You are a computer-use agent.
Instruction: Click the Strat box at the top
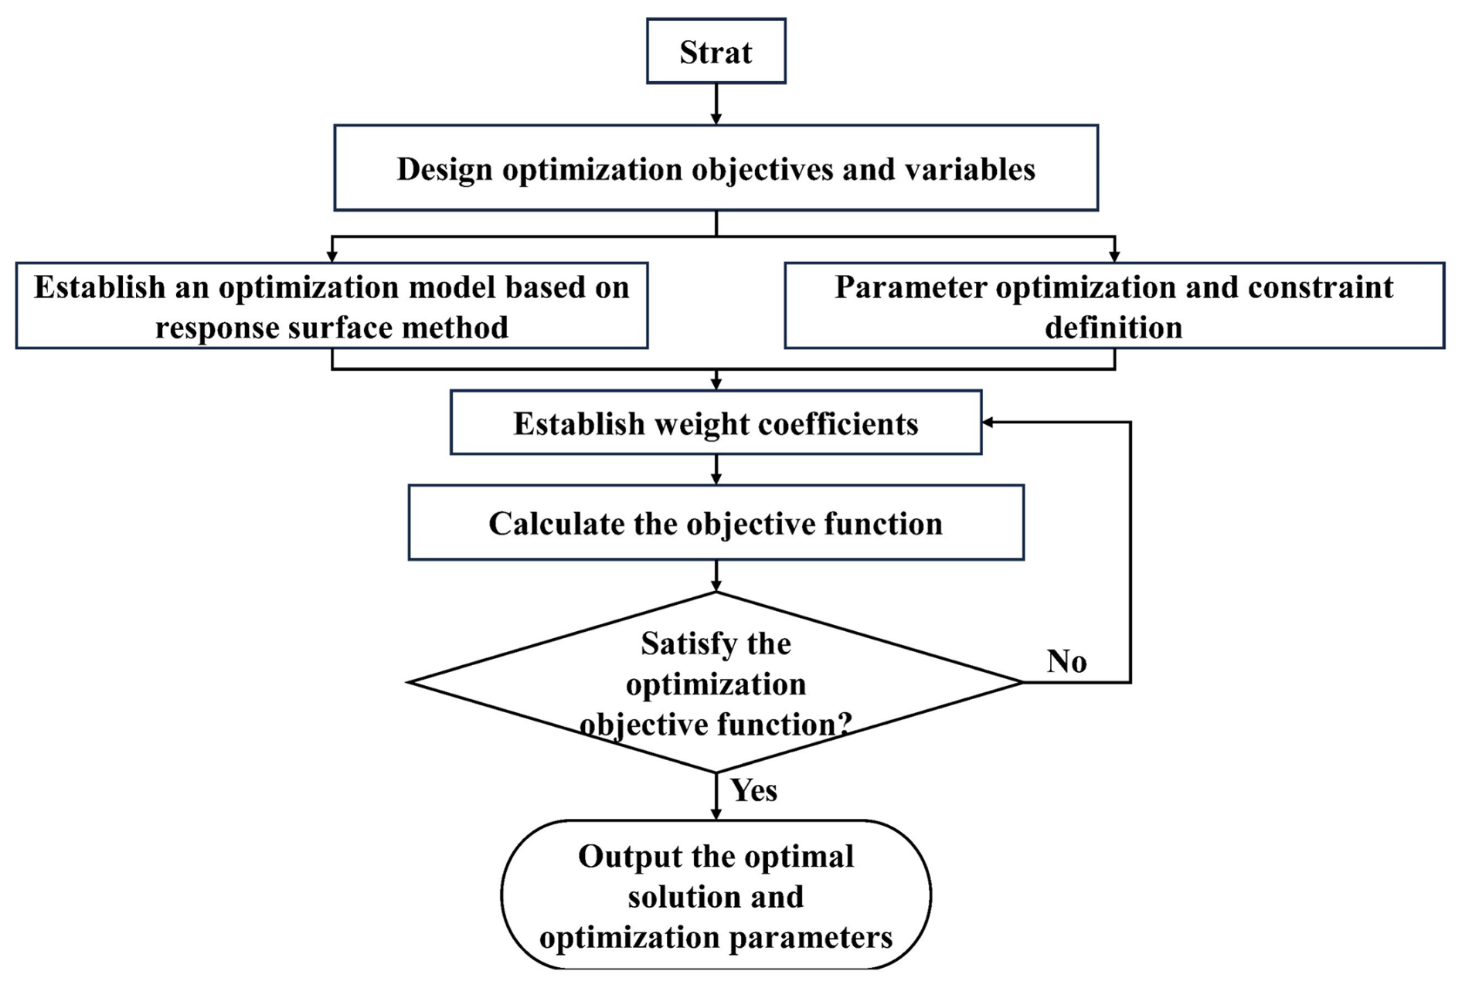(716, 52)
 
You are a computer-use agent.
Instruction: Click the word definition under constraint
(1113, 328)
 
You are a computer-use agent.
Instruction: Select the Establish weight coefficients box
(716, 423)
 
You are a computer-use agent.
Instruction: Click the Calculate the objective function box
(716, 523)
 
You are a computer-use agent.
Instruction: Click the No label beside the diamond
(1066, 661)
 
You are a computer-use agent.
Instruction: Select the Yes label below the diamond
(753, 790)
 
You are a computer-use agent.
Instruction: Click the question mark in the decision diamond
(845, 724)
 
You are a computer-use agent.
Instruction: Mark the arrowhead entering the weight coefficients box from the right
(988, 423)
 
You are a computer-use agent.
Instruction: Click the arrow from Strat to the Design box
(716, 104)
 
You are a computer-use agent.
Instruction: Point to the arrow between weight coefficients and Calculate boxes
(716, 470)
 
